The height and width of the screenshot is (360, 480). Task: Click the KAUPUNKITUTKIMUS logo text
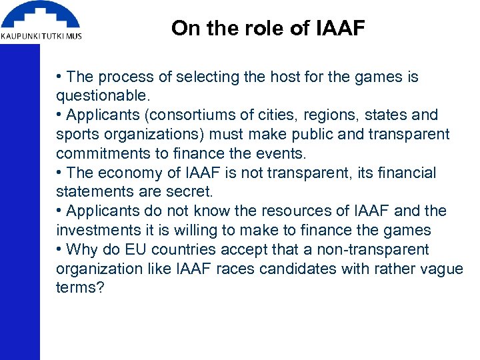(x=41, y=36)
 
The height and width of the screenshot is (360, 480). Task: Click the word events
(x=281, y=154)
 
